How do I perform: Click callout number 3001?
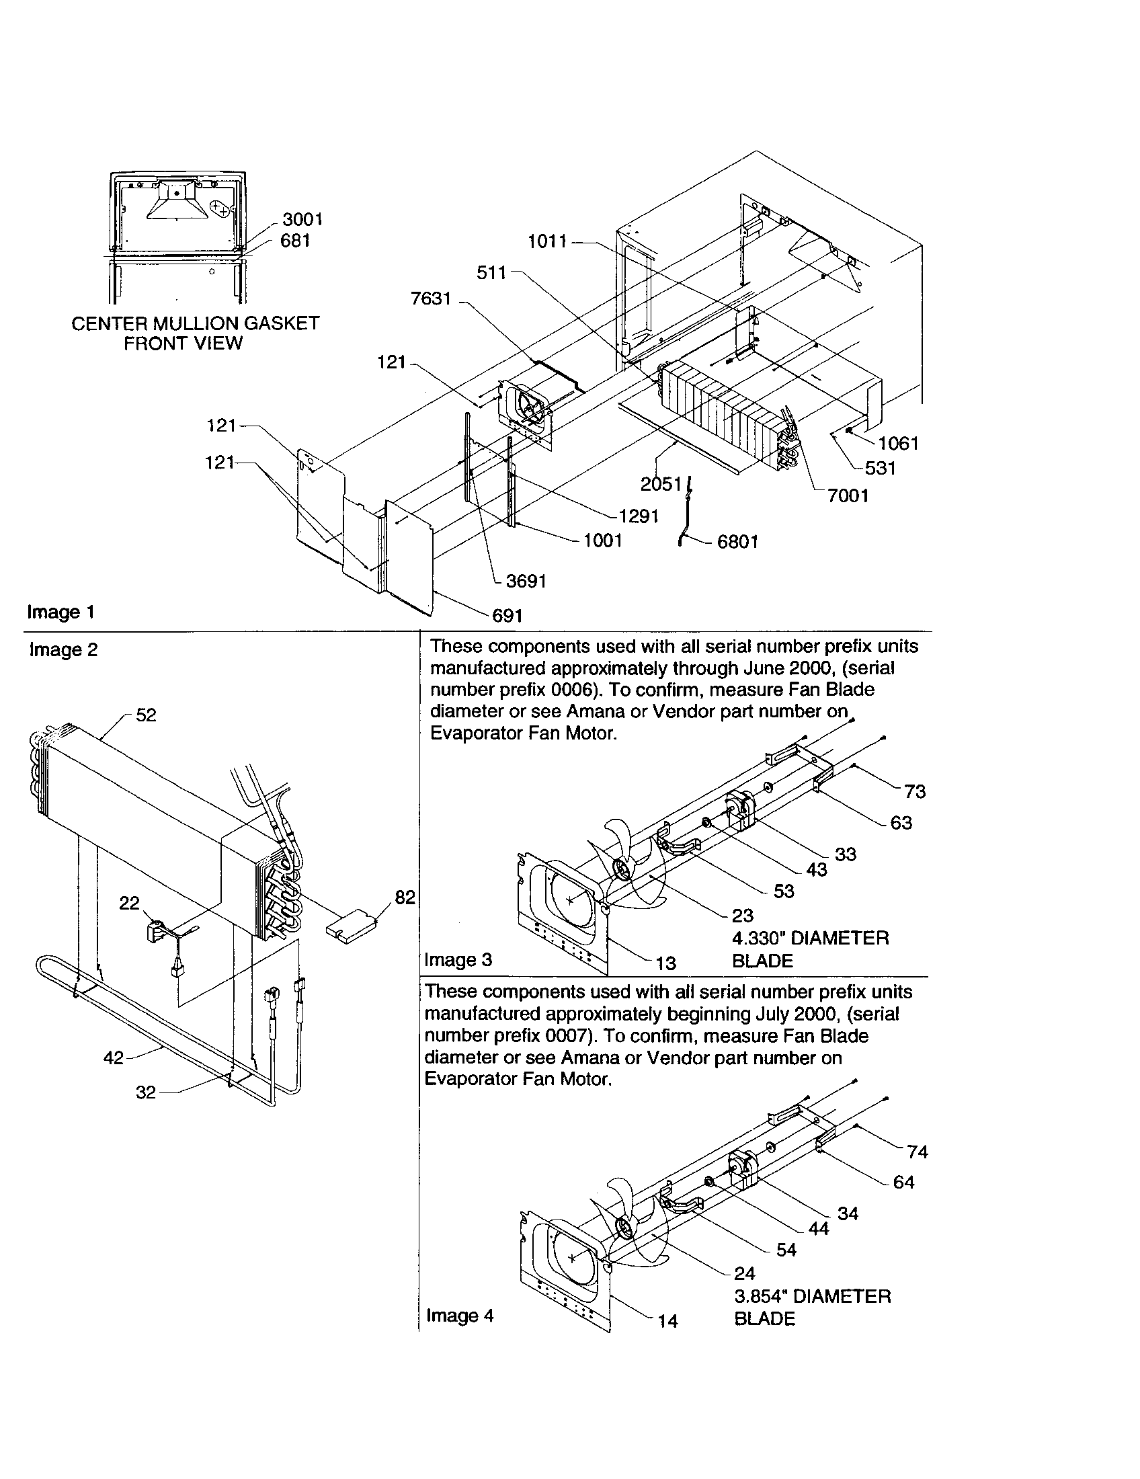coord(302,219)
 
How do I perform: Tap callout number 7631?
coord(432,298)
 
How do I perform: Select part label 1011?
coord(547,242)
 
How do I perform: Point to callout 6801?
coord(737,542)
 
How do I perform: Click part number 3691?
coord(526,581)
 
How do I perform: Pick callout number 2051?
coord(661,484)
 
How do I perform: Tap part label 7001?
coord(848,495)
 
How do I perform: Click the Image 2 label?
coord(64,650)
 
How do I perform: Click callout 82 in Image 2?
coord(405,897)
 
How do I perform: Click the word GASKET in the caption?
coord(281,324)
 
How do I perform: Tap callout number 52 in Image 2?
coord(146,716)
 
